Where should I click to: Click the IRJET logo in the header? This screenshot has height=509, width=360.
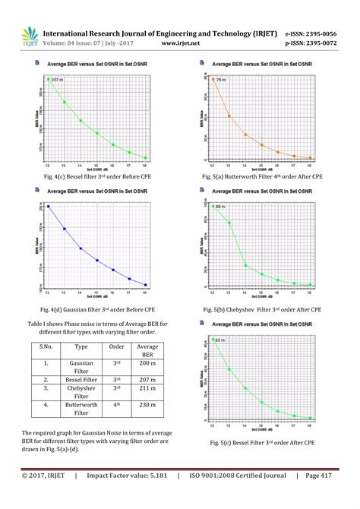(30, 36)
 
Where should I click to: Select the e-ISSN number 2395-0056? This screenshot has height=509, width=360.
(321, 33)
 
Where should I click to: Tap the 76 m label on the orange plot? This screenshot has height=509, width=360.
(223, 79)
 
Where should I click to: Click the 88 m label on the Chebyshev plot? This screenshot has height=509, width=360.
(221, 207)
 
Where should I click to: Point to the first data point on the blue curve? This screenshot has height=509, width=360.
(49, 206)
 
